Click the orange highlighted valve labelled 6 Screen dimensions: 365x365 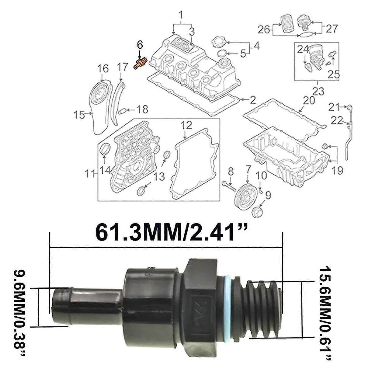tap(140, 63)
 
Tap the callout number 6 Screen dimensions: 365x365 tap(140, 45)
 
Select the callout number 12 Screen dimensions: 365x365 tap(186, 125)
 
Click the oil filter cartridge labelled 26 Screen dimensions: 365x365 tap(286, 24)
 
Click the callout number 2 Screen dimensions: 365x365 tap(253, 100)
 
